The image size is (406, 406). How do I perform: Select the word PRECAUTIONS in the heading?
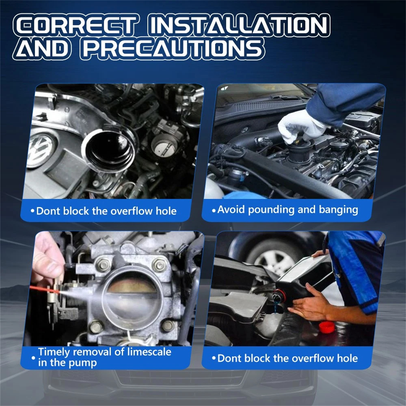[172, 48]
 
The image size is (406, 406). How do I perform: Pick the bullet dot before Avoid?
[214, 211]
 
